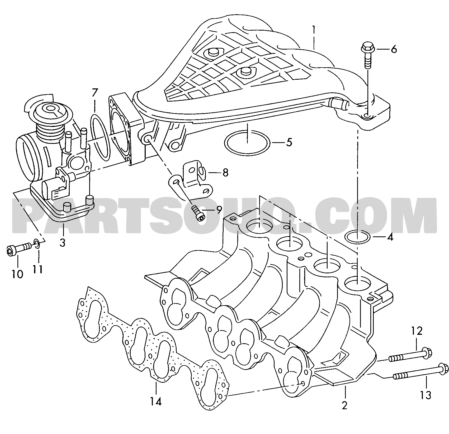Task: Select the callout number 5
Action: tap(289, 143)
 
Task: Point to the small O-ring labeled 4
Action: tap(346, 237)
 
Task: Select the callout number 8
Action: tap(225, 173)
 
